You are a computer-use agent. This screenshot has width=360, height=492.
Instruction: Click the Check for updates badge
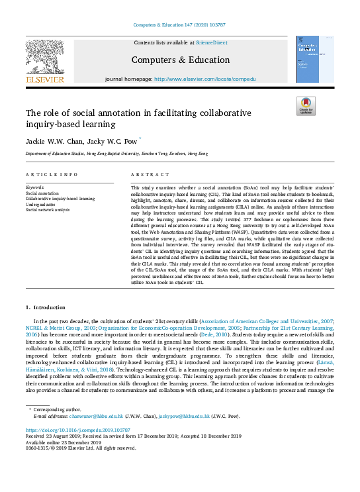[x=305, y=106]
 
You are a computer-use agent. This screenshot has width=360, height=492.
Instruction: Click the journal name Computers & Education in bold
[x=180, y=60]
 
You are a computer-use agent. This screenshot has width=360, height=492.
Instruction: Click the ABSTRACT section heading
[x=146, y=175]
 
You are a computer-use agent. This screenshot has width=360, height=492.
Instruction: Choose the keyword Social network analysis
[x=47, y=209]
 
